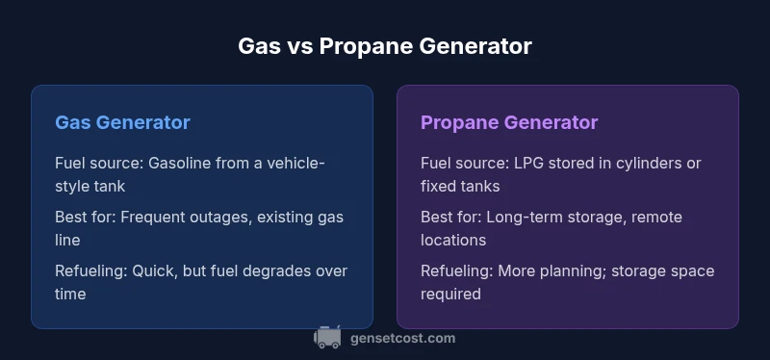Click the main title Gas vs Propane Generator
[384, 46]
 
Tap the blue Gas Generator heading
[122, 122]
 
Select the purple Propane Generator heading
[509, 123]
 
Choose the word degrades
[282, 271]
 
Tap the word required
[450, 295]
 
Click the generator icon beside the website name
[327, 337]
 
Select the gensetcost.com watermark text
[402, 339]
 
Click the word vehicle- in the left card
[296, 163]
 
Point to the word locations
[453, 241]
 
